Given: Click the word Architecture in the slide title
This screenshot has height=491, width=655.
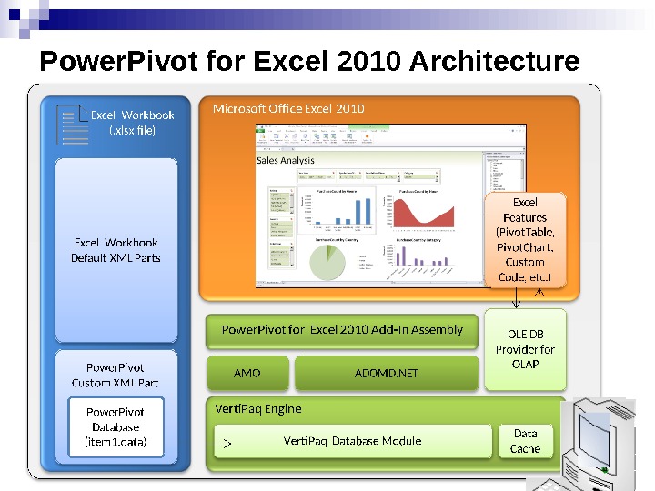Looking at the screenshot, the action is (495, 62).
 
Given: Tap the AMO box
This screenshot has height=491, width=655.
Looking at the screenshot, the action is (247, 373).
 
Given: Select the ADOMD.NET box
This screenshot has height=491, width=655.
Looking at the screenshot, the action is (386, 373).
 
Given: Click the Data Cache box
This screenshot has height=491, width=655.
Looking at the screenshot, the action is (525, 441).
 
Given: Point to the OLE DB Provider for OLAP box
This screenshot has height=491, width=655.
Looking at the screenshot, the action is (525, 349).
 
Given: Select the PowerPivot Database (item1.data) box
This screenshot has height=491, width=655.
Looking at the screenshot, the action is (116, 426).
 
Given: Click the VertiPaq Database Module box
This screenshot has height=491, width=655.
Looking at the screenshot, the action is (352, 441).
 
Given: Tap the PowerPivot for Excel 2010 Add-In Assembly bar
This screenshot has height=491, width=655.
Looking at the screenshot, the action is (342, 330).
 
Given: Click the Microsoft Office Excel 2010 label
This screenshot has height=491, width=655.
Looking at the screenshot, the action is (288, 109).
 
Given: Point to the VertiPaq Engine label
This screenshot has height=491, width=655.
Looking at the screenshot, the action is (257, 408).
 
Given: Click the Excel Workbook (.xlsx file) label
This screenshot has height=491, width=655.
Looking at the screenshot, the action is (132, 123).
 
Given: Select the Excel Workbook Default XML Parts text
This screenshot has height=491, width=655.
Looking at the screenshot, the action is (116, 250).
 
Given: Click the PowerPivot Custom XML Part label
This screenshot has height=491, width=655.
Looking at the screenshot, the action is (116, 375).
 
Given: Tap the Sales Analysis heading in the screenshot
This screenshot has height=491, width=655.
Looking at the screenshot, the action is (286, 160).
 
